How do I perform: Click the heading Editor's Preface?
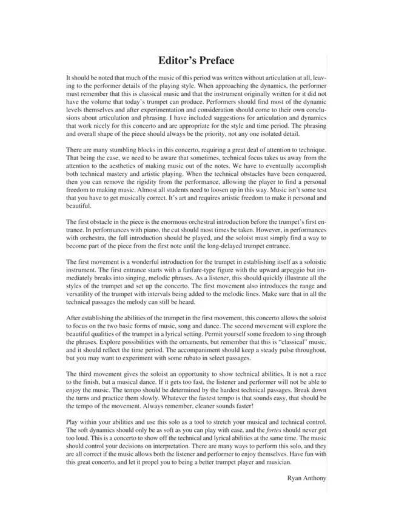196,61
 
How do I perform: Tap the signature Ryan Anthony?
307,478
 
